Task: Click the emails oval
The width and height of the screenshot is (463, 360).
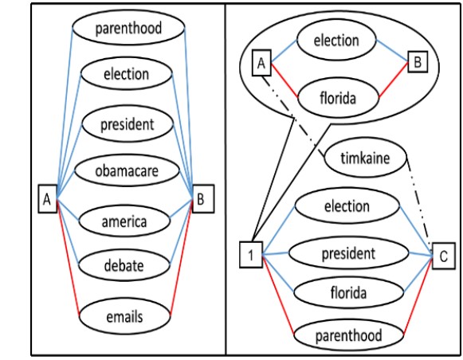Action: coord(125,316)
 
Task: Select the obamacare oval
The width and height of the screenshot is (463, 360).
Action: coord(127,170)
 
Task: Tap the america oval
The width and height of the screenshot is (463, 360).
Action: coord(124,221)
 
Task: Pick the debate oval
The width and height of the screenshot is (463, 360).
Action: coord(124,264)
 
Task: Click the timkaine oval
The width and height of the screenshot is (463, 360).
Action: coord(366,158)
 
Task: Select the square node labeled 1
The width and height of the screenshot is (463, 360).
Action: coord(251,255)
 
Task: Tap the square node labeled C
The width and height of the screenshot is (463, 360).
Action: coord(444,256)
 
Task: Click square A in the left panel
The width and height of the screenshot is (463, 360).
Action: coord(47,199)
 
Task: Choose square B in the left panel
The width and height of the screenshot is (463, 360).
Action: coord(203,199)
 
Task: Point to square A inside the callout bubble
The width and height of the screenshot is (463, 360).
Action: coord(261,63)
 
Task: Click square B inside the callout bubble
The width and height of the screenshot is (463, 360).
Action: coord(418,61)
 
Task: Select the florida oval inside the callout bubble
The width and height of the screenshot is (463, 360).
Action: coord(338,98)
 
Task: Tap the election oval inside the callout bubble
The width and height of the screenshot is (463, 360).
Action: coord(336,40)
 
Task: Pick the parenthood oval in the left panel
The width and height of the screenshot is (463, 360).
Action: coord(129,27)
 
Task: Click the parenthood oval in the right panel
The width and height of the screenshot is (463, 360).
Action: coord(349,335)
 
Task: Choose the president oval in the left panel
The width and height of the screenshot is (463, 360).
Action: coord(128,124)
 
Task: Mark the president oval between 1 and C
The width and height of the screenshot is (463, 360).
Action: coord(349,253)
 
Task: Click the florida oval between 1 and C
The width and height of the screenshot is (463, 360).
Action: coord(349,293)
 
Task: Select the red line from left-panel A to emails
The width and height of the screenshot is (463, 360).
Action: coord(69,257)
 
